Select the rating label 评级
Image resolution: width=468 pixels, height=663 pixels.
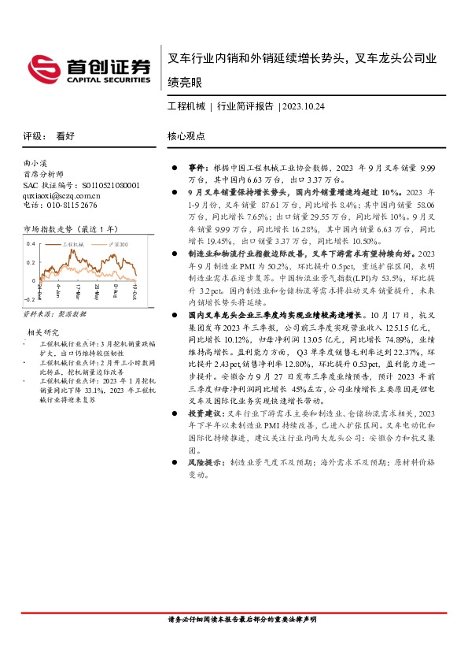32,135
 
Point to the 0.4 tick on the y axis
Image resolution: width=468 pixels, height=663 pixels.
31,243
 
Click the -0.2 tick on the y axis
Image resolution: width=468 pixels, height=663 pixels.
30,300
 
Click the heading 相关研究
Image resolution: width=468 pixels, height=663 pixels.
43,332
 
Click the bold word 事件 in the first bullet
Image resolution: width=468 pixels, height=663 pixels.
196,169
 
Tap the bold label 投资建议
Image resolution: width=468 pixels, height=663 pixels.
202,413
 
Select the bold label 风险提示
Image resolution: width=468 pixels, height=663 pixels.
202,465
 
